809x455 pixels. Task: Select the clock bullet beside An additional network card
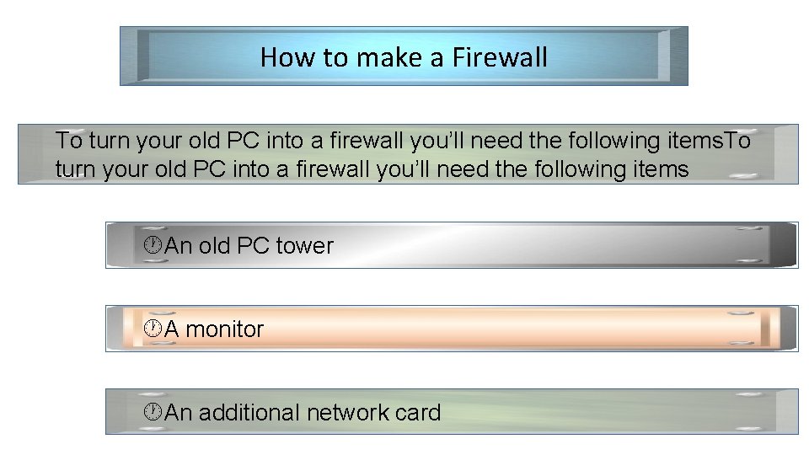pos(153,412)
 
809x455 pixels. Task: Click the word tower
pos(305,246)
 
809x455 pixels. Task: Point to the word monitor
pos(225,329)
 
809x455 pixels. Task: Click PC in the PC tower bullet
pos(254,246)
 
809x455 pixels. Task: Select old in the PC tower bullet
pos(214,246)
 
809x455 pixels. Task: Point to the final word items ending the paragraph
pos(657,169)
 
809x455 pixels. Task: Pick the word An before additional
pos(179,413)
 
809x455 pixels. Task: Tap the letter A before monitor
pos(172,329)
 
